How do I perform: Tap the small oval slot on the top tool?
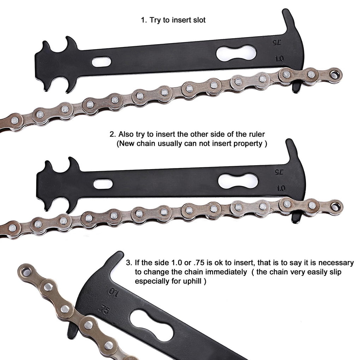(x=101, y=62)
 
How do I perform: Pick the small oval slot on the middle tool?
(x=103, y=184)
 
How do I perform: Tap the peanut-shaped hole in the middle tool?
(x=235, y=181)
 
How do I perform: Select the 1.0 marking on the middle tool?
(x=281, y=188)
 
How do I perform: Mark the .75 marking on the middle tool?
(x=279, y=172)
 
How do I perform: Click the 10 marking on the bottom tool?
(x=113, y=292)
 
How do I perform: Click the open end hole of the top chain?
(x=336, y=74)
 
